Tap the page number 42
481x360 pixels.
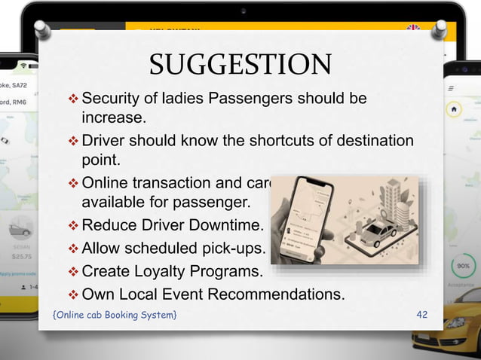click(421, 313)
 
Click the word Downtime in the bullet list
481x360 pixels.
click(226, 224)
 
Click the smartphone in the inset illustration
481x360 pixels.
click(305, 218)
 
